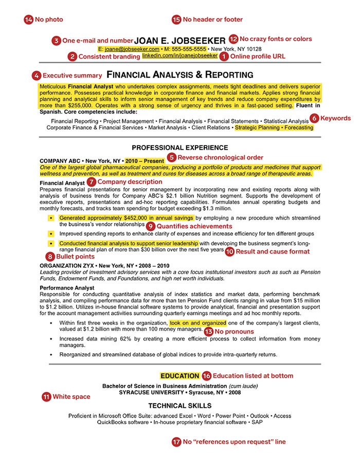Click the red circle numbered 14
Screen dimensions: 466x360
(x=28, y=20)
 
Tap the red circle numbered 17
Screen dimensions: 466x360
(x=177, y=441)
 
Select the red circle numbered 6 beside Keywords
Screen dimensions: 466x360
(x=314, y=118)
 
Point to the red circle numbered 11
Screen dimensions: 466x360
(x=46, y=397)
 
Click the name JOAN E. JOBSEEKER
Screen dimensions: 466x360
(x=179, y=40)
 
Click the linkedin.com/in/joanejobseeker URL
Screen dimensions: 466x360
(x=179, y=56)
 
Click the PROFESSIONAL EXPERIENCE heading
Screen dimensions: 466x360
(x=179, y=148)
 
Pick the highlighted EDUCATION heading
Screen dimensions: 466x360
(x=179, y=376)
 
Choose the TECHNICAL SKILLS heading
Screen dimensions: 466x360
(x=179, y=406)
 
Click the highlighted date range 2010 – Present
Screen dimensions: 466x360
(x=145, y=160)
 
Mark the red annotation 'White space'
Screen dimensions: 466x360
(x=71, y=397)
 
